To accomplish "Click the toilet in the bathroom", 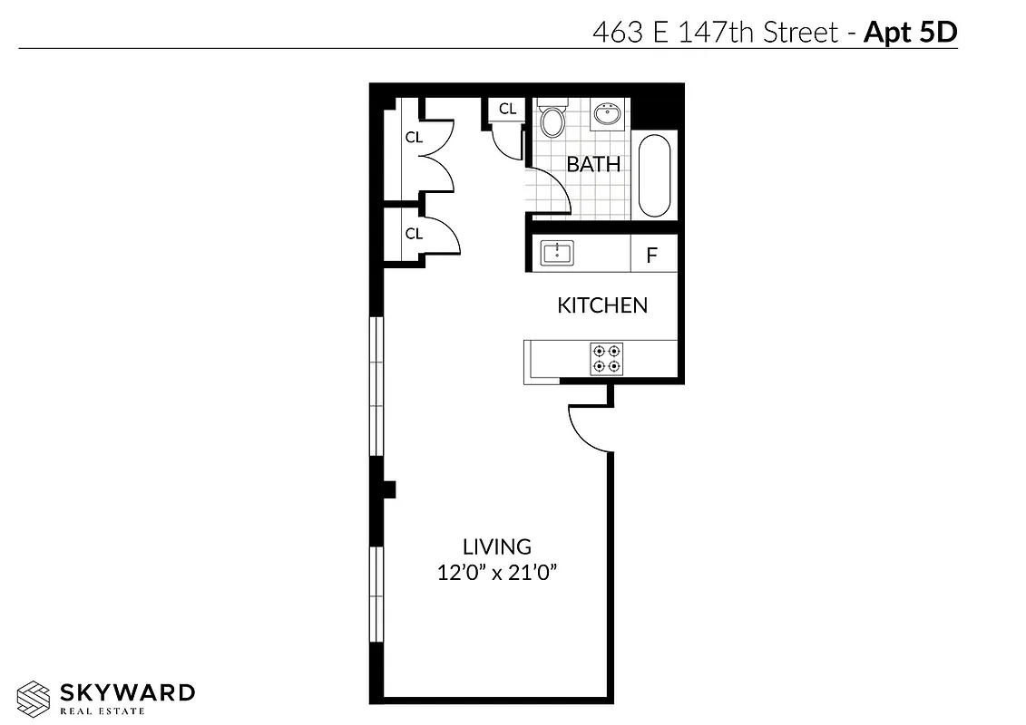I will [x=551, y=119].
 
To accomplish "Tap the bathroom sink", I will [x=606, y=115].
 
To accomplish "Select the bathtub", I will [x=655, y=176].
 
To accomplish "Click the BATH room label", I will [x=593, y=165].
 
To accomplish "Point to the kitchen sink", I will [x=557, y=253].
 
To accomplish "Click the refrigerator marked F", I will [x=651, y=256].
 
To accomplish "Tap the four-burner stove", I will [x=606, y=358].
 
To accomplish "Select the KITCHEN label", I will [x=602, y=305].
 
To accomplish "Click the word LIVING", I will [x=496, y=547].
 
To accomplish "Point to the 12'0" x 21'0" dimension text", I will [x=496, y=573].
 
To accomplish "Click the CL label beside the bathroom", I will [x=507, y=109].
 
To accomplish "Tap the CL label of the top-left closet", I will [x=414, y=138].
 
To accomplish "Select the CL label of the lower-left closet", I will [x=414, y=234].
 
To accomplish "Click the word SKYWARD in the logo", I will [x=127, y=693].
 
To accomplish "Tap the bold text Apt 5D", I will [x=910, y=33].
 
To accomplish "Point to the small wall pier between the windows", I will [x=387, y=489].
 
